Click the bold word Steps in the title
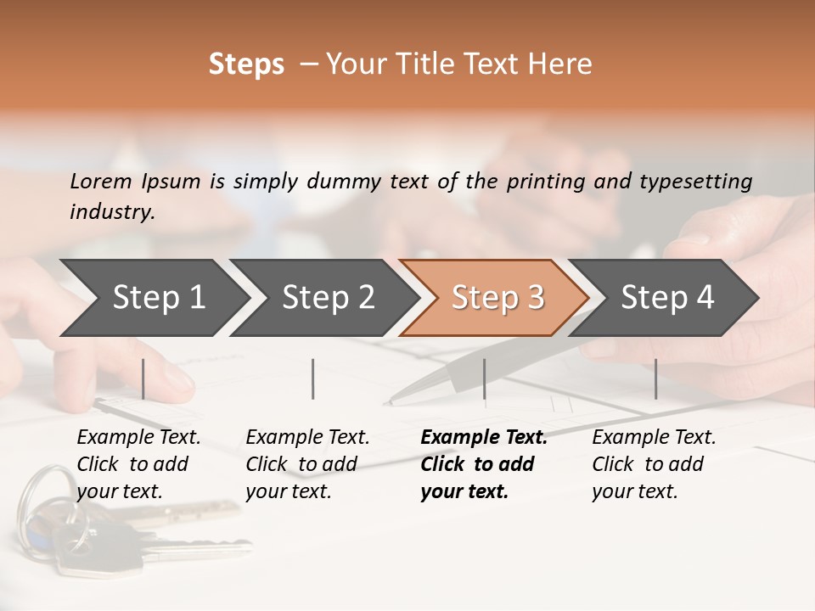click(x=246, y=64)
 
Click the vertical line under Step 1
click(x=143, y=378)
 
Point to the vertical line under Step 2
click(x=313, y=378)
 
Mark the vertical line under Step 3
click(x=485, y=378)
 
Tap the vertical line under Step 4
click(x=655, y=378)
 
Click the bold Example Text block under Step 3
click(x=484, y=464)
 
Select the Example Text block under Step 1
click(x=138, y=464)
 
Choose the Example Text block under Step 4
click(x=654, y=464)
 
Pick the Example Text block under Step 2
click(x=307, y=464)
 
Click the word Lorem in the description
click(x=101, y=181)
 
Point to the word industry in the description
click(x=111, y=212)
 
